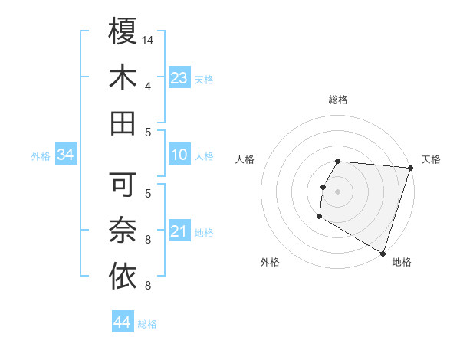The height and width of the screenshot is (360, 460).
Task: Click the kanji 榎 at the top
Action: click(x=123, y=31)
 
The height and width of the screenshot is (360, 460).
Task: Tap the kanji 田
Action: click(x=123, y=123)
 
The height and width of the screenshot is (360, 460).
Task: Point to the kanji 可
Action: click(x=123, y=184)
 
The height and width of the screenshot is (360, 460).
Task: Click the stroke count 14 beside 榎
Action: click(x=149, y=40)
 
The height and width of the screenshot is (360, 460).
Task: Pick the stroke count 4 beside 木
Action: click(x=148, y=86)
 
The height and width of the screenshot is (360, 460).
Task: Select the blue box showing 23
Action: click(x=179, y=77)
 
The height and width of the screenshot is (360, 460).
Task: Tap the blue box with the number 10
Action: click(x=179, y=155)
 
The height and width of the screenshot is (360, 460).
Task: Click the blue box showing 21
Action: click(x=179, y=231)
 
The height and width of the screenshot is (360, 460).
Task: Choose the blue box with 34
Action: click(x=66, y=155)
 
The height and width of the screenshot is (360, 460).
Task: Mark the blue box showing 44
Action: click(x=122, y=322)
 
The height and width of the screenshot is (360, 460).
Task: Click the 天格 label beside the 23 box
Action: click(x=204, y=80)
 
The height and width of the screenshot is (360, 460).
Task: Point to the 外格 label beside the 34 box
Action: click(x=41, y=156)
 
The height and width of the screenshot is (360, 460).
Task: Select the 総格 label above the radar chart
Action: click(x=338, y=100)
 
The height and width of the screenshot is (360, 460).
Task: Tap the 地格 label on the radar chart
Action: click(x=402, y=262)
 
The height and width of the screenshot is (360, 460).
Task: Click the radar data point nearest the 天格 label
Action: click(x=410, y=168)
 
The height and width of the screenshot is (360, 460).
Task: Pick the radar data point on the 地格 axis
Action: click(x=383, y=252)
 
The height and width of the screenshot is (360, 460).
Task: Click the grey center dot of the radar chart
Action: click(x=337, y=191)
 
